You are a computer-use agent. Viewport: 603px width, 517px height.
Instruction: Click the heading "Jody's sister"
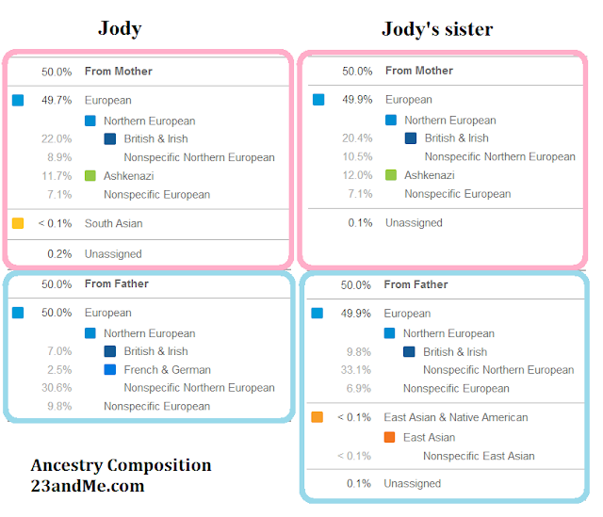(x=437, y=29)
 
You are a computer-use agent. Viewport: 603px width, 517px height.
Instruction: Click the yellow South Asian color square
(x=18, y=224)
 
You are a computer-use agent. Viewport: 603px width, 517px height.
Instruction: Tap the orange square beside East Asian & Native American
(x=318, y=417)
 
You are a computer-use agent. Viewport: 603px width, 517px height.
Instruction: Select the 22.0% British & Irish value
(x=57, y=139)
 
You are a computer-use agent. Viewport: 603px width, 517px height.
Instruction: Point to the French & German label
(x=167, y=370)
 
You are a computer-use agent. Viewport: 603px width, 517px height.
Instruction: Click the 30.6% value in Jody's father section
(x=57, y=388)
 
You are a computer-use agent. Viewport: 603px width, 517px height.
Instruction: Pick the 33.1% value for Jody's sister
(x=356, y=370)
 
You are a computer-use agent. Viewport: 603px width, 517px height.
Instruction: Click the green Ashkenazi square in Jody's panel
(x=90, y=176)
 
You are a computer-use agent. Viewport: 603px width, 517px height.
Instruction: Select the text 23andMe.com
(x=87, y=487)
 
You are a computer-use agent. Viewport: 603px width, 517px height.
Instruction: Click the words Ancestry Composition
(x=121, y=466)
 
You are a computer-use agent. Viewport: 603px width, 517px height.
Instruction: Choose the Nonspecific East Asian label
(x=479, y=457)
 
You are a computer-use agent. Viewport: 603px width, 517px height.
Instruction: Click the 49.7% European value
(x=56, y=100)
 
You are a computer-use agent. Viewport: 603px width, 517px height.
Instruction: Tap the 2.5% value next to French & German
(x=59, y=370)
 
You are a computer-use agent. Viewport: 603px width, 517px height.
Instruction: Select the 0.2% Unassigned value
(x=59, y=254)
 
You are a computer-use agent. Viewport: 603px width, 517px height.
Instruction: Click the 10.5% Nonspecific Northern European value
(x=356, y=156)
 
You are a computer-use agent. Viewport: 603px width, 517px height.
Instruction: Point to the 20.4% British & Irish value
(x=356, y=137)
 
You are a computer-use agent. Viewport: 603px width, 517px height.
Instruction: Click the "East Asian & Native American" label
(x=455, y=417)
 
